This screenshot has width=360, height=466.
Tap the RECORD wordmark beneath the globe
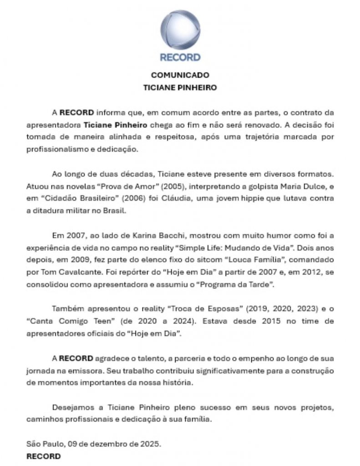[180, 58]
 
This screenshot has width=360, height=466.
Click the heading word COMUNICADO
[180, 75]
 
